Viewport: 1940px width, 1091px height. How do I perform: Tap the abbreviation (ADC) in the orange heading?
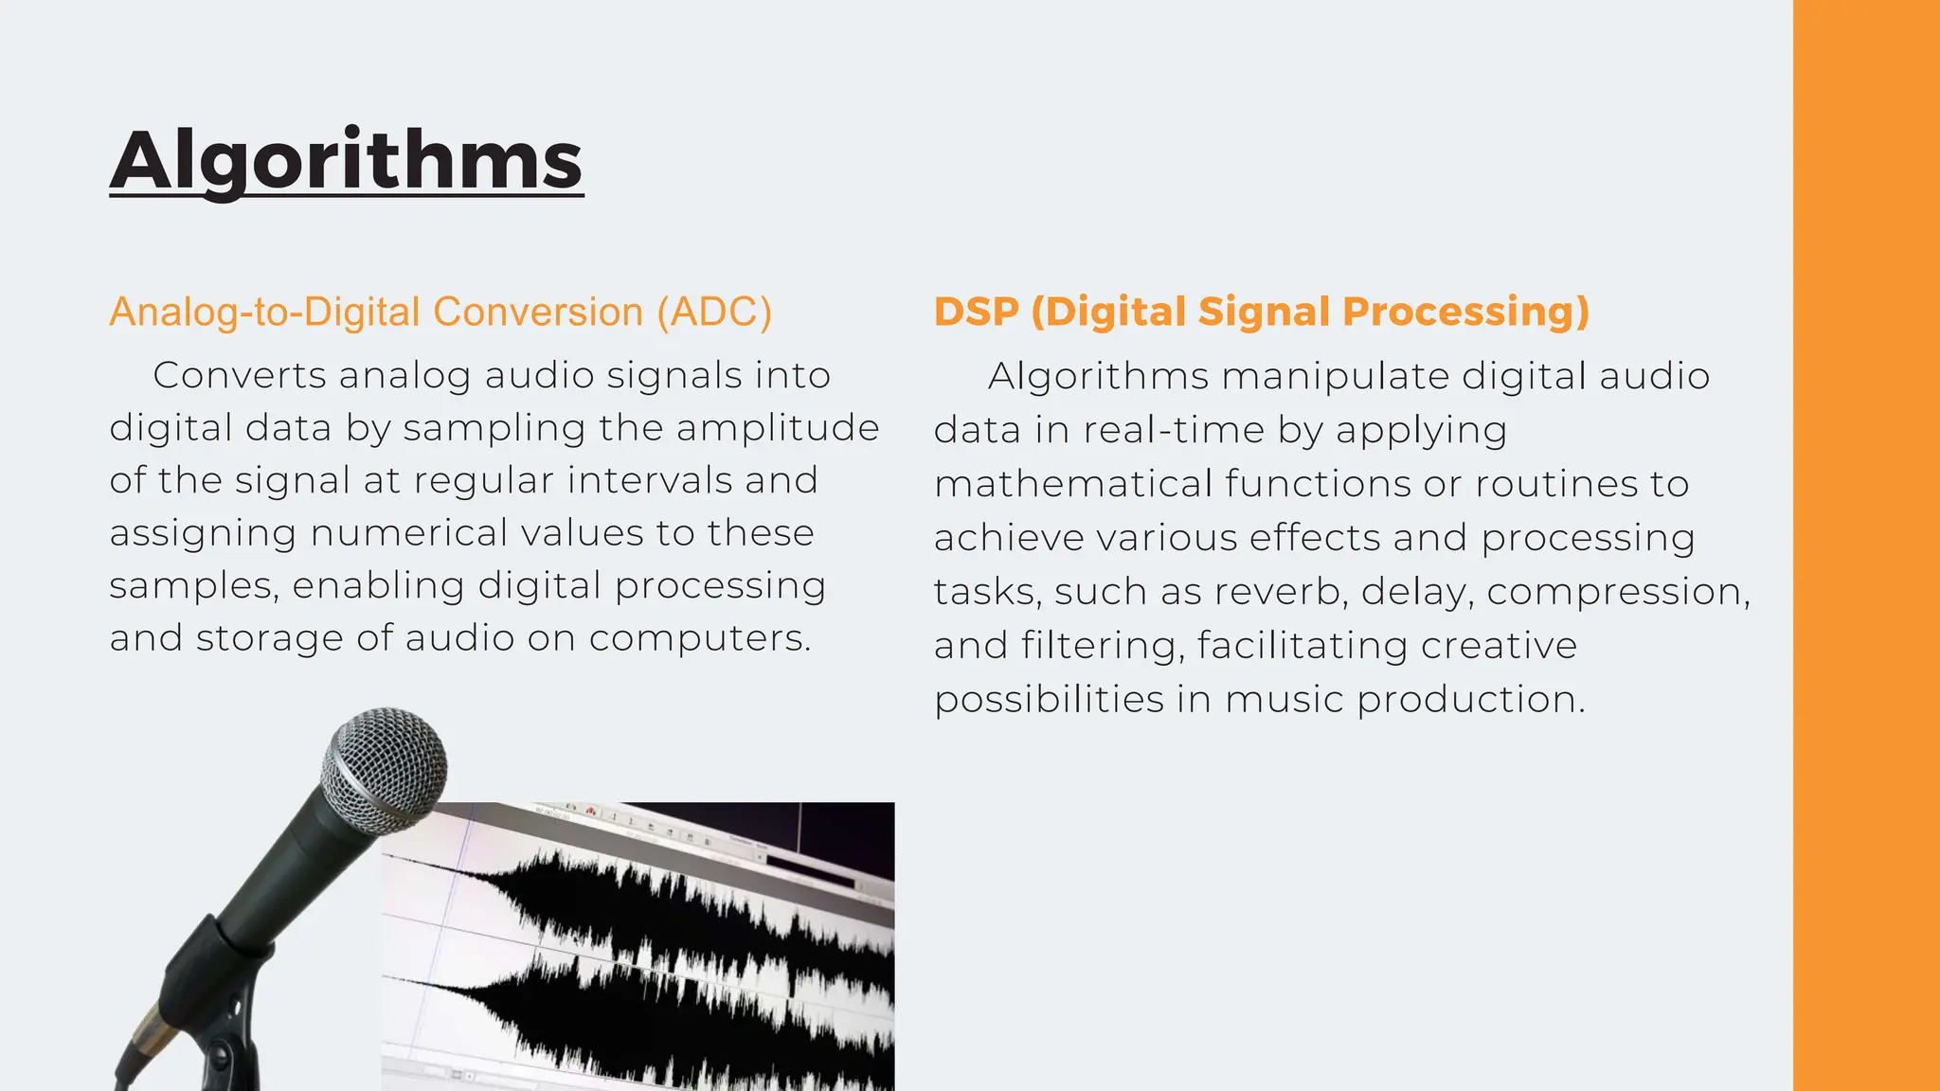[714, 313]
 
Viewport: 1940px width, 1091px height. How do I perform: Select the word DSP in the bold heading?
[976, 312]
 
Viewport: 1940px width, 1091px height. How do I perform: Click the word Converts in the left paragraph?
[240, 376]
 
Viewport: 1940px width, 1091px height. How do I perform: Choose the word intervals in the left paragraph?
[650, 480]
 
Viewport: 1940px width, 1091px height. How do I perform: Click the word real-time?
[1174, 431]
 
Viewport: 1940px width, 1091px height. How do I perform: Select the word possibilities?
[1049, 700]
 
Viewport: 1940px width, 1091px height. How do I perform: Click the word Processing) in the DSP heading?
[1465, 312]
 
